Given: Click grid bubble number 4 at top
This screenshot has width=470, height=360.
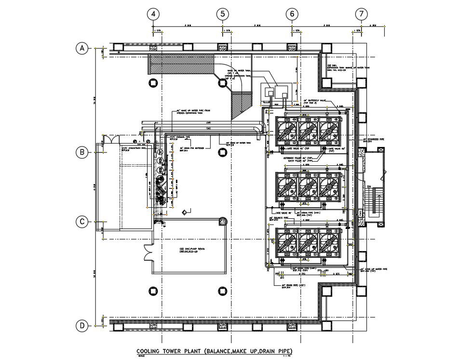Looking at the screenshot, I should tap(153, 14).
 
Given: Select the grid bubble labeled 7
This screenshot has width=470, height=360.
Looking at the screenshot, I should tap(362, 14).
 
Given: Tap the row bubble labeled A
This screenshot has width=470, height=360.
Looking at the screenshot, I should tap(82, 48).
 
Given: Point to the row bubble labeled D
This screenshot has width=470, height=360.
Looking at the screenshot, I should tap(82, 326).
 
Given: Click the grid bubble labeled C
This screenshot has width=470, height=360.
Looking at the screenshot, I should tap(82, 222).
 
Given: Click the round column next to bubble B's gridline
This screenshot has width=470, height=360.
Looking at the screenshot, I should tap(222, 152).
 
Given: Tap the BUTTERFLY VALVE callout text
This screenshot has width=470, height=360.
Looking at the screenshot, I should tap(316, 100).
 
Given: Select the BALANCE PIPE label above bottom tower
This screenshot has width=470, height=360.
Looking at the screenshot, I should tap(282, 218).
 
